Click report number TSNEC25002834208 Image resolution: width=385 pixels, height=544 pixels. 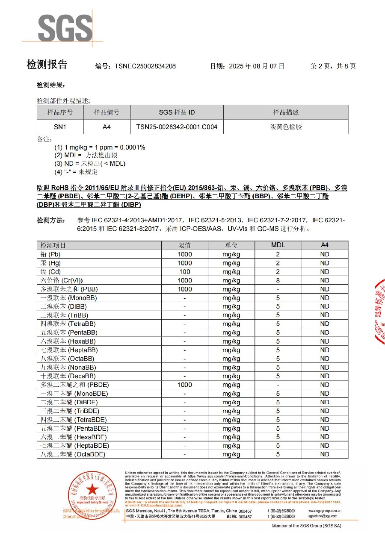[x=145, y=66]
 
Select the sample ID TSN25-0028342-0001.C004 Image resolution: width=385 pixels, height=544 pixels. [x=177, y=127]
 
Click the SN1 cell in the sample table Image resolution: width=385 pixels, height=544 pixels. [x=60, y=127]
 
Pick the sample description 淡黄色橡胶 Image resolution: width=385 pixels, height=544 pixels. [x=286, y=127]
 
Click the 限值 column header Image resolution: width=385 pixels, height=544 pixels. [x=184, y=245]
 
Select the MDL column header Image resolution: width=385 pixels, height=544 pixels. [x=278, y=245]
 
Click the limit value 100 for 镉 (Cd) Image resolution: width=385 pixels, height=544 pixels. [x=184, y=272]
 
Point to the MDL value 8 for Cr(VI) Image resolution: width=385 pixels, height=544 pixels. [x=278, y=280]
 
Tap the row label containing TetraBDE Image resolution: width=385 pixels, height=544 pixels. [x=73, y=420]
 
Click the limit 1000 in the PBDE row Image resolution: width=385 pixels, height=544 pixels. [x=184, y=385]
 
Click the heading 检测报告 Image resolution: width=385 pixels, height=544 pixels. [x=47, y=65]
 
